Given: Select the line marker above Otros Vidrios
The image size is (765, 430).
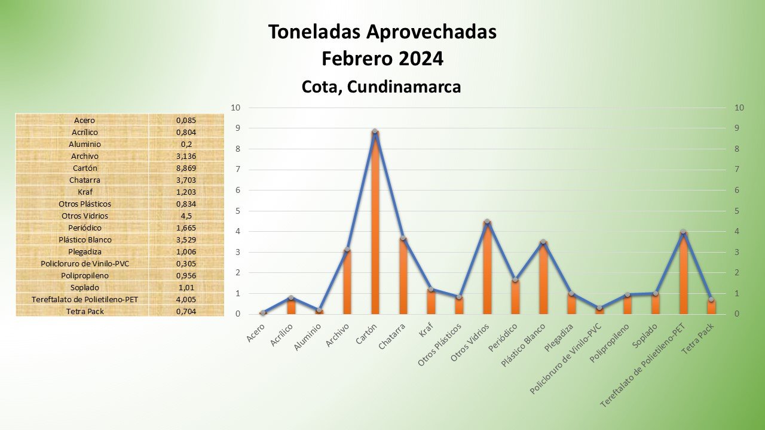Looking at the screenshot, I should click(487, 222).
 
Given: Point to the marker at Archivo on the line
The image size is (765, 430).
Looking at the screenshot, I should click(347, 250).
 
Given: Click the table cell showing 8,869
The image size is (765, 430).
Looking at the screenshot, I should click(186, 168).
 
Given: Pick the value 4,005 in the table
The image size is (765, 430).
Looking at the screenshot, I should click(186, 299).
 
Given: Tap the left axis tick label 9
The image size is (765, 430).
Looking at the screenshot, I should click(237, 128).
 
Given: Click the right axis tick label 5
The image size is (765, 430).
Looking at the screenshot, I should click(739, 211).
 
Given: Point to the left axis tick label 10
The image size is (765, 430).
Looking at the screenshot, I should click(235, 107).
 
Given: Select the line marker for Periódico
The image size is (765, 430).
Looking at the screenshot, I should click(515, 279).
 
